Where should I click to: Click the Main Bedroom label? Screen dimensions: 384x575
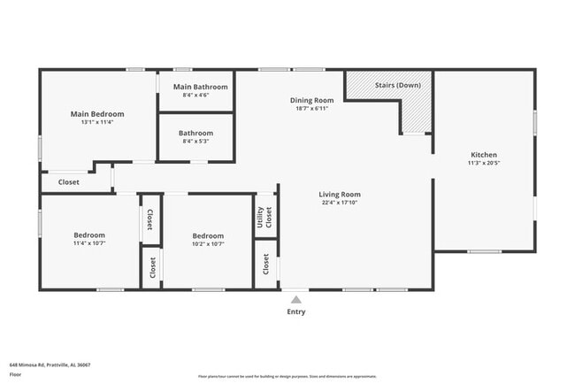97,114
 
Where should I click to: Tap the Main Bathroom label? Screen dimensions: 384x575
200,87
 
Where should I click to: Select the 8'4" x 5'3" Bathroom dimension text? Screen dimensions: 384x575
196,142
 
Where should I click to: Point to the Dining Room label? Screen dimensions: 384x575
312,100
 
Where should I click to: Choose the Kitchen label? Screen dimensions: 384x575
483,155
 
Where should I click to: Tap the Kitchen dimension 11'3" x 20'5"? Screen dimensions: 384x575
483,164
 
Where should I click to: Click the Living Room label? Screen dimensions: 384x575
340,195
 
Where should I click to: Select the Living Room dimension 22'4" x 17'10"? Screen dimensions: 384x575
340,204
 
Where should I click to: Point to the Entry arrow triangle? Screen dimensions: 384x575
295,300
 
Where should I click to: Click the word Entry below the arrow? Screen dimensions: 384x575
295,312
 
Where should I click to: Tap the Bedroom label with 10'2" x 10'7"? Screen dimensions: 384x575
208,236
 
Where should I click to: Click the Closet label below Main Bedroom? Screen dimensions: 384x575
69,182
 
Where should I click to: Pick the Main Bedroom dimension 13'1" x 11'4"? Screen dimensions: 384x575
97,123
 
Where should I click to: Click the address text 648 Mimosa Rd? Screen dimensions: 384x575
50,365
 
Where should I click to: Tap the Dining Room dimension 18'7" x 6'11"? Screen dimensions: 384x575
312,109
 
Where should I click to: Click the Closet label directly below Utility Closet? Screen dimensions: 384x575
264,264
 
